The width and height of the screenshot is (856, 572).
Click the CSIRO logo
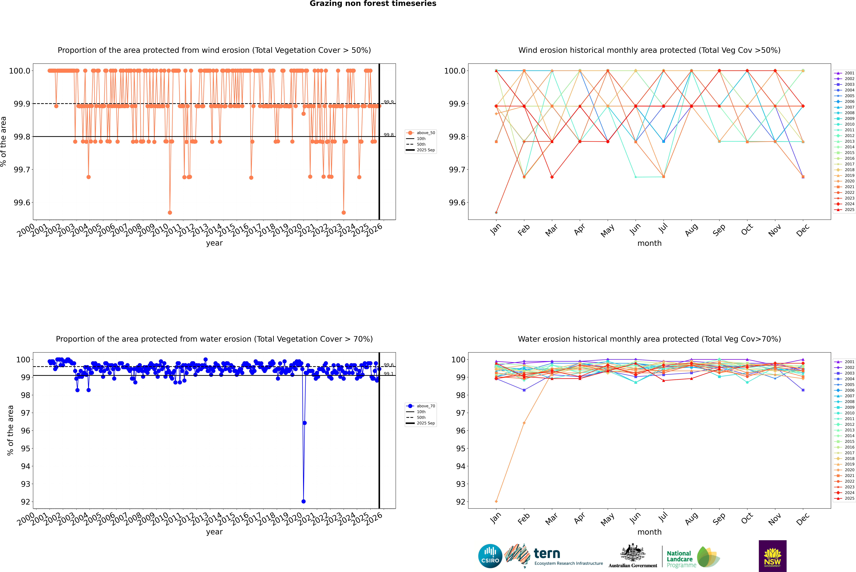pyautogui.click(x=490, y=556)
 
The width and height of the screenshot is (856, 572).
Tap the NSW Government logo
pyautogui.click(x=772, y=556)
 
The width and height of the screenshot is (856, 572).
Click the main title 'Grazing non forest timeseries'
pyautogui.click(x=373, y=4)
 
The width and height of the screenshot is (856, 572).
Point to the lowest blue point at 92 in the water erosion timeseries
pyautogui.click(x=304, y=501)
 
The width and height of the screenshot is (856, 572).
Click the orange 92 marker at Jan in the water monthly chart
pyautogui.click(x=496, y=501)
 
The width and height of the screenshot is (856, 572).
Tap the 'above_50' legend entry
pyautogui.click(x=426, y=133)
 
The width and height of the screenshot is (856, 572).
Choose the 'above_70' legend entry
pyautogui.click(x=426, y=406)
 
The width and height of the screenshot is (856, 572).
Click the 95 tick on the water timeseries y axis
pyautogui.click(x=26, y=448)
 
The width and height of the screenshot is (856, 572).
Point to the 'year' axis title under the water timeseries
pyautogui.click(x=214, y=532)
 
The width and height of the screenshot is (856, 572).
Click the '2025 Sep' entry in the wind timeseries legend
pyautogui.click(x=426, y=150)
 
